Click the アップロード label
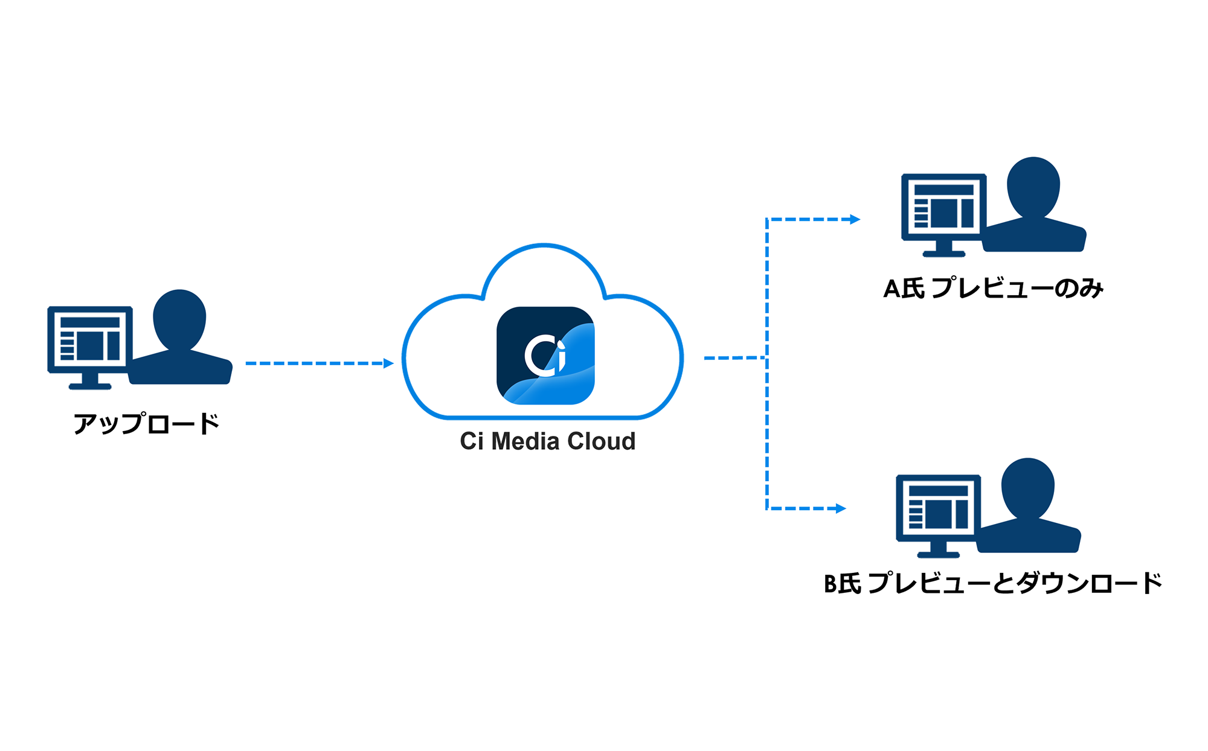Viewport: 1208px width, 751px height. (146, 424)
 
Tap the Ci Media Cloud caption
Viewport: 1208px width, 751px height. (547, 441)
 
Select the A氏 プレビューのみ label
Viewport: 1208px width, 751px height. (993, 289)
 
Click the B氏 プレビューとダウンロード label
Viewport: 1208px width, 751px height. (993, 583)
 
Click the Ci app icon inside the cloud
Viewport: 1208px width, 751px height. (545, 356)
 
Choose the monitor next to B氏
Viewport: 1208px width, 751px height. (938, 508)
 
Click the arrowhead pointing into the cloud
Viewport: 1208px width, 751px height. (388, 363)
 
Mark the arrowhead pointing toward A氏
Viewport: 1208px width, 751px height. (855, 219)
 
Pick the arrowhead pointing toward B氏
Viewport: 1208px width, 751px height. (841, 508)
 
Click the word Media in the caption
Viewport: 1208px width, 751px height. (525, 441)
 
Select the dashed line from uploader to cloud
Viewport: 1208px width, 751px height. (314, 363)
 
